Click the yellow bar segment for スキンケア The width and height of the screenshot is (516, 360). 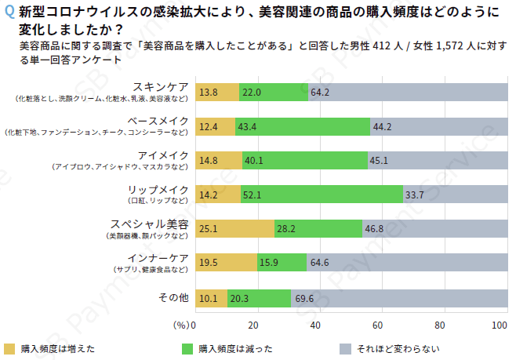click(x=216, y=92)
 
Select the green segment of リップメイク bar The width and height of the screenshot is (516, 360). click(x=322, y=194)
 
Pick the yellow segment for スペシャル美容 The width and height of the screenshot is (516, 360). click(x=233, y=228)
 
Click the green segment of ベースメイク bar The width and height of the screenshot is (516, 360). click(x=302, y=125)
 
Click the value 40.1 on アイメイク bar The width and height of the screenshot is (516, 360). click(x=254, y=160)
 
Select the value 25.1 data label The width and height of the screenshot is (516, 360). click(x=208, y=228)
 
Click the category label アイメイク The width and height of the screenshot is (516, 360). click(x=162, y=155)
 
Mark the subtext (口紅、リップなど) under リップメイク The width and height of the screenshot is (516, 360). click(x=158, y=201)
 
